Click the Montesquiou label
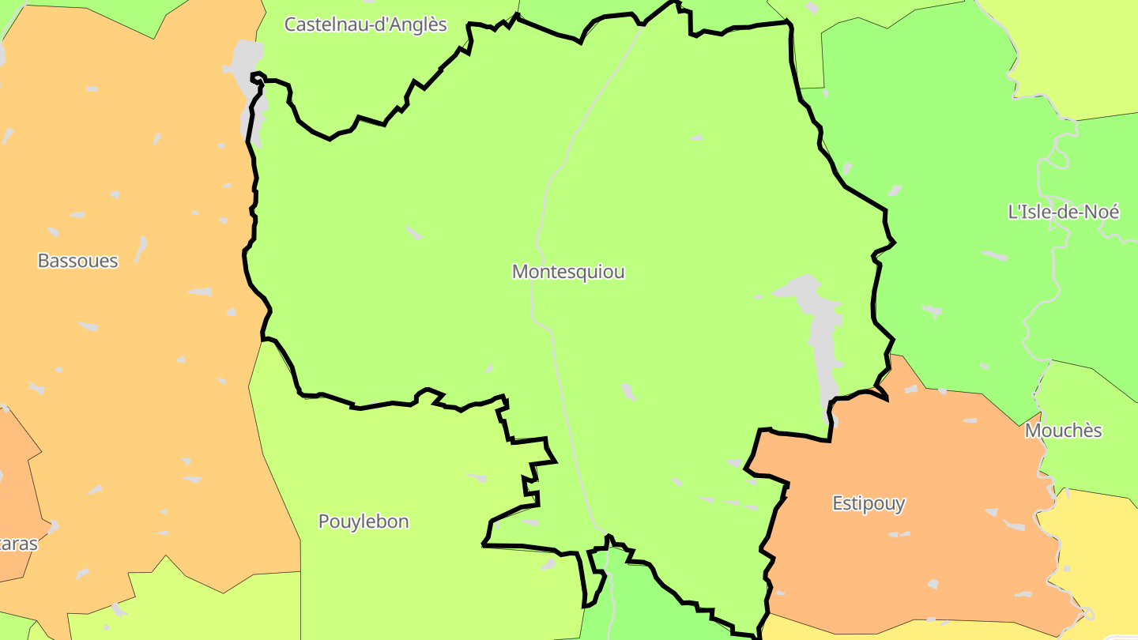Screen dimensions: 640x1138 pos(568,272)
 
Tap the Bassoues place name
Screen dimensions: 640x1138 pos(77,261)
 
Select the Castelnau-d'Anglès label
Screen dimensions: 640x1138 pos(365,24)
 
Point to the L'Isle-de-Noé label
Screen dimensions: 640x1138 pos(1064,212)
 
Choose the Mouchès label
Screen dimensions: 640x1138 pos(1063,431)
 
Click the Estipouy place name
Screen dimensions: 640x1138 pos(869,503)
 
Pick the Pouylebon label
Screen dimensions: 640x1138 pos(364,521)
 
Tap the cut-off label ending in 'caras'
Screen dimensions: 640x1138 pos(17,544)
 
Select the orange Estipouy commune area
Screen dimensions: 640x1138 pos(909,553)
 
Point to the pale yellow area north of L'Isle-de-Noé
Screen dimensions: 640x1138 pos(1067,55)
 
